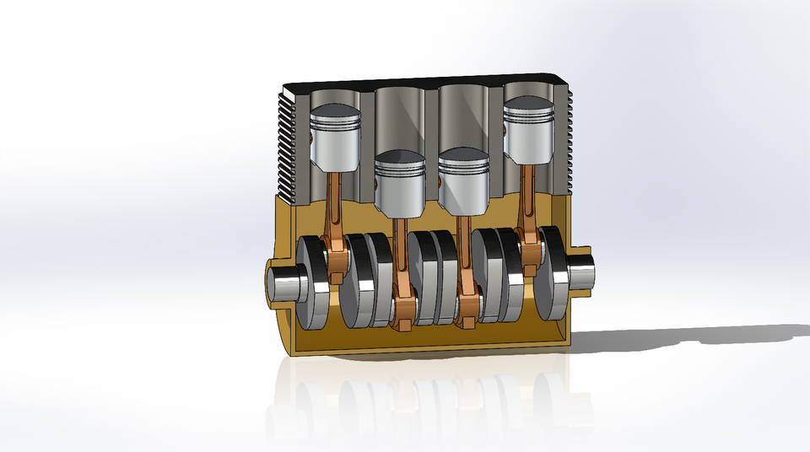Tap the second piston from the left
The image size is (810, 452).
[399, 184]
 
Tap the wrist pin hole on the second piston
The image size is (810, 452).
[376, 180]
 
